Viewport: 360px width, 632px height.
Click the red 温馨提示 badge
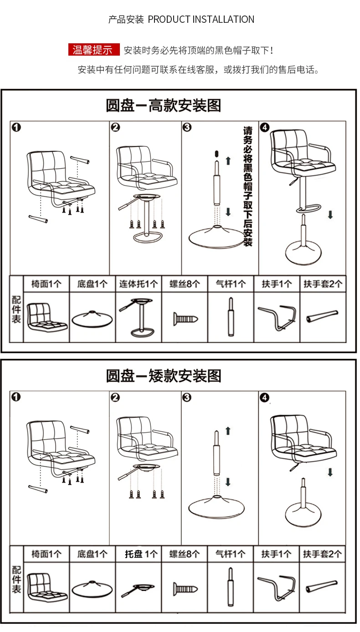(93, 50)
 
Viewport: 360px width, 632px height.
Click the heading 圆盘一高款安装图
(163, 105)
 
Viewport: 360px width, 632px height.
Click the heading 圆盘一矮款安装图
(163, 376)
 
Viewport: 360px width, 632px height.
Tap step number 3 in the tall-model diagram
(187, 128)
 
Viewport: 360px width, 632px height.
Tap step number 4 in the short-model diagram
(265, 398)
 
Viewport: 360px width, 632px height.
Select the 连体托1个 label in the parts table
(139, 284)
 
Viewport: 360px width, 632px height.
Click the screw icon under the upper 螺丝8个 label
(185, 318)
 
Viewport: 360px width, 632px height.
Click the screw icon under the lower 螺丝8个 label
(185, 589)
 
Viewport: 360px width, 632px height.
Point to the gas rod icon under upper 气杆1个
(231, 316)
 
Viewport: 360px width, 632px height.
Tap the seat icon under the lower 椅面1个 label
(46, 587)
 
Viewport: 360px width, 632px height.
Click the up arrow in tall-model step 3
(228, 161)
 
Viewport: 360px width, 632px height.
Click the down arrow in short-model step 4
(330, 471)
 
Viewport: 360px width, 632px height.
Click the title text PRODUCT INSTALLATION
(201, 20)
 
